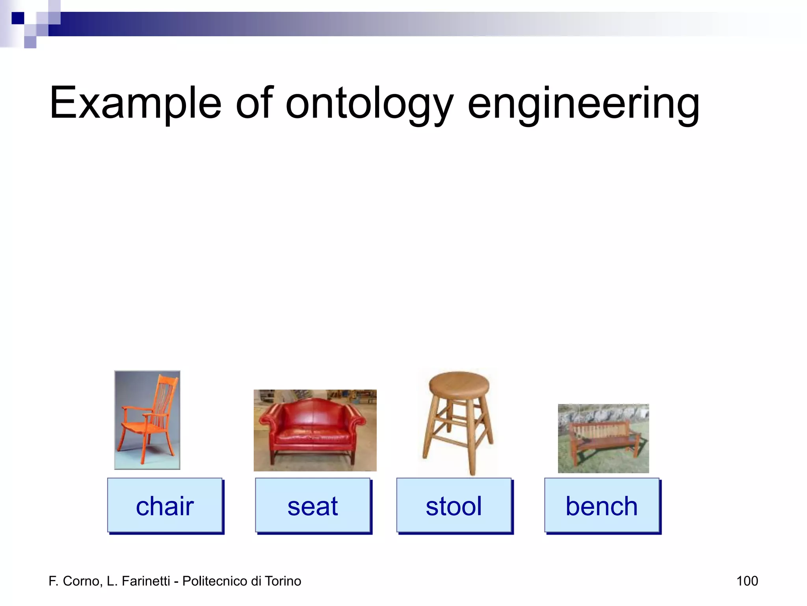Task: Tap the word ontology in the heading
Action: (369, 103)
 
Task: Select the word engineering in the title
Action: (583, 103)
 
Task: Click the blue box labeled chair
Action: (165, 506)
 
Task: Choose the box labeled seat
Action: (312, 506)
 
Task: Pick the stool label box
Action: (454, 506)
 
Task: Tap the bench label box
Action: (601, 506)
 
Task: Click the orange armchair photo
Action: (147, 420)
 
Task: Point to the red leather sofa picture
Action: (315, 430)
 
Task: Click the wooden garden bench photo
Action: (603, 438)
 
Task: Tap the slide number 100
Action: (747, 581)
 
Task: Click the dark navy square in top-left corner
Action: (18, 18)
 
